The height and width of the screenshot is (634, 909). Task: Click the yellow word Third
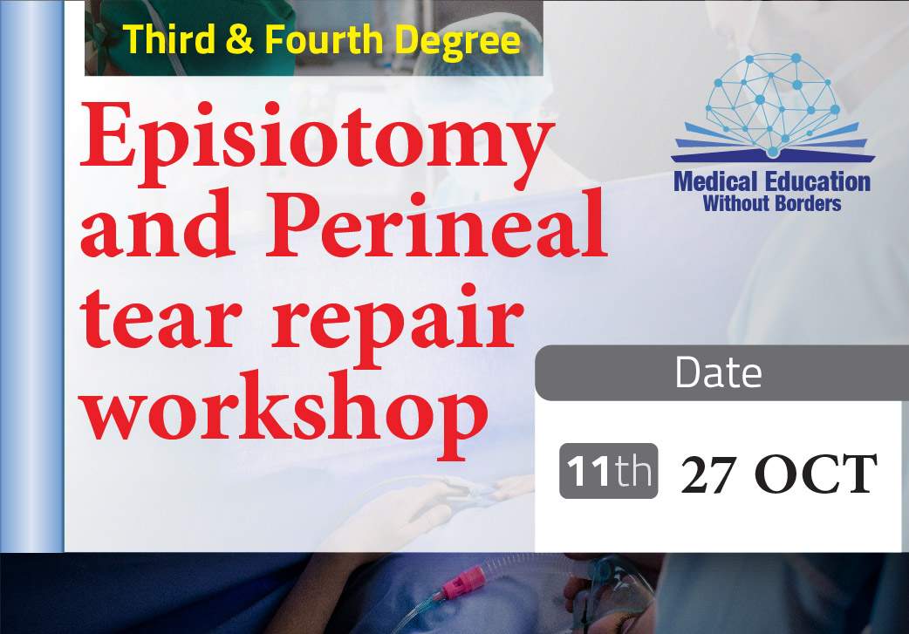[x=168, y=39]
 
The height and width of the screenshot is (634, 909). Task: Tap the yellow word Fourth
[x=324, y=39]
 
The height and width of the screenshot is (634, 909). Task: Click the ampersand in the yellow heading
[x=239, y=40]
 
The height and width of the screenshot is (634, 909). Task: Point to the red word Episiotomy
[x=317, y=144]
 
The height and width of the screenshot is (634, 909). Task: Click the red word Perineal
[x=437, y=224]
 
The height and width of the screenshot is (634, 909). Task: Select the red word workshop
[x=284, y=413]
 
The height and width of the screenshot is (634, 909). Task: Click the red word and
[x=158, y=224]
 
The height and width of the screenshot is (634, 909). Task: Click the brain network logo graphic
[x=772, y=106]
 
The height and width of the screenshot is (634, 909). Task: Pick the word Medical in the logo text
[x=715, y=182]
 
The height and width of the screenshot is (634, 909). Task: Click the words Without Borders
[x=772, y=203]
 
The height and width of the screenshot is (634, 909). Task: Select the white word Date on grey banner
[x=718, y=372]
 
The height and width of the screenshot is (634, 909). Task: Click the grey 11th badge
[x=609, y=471]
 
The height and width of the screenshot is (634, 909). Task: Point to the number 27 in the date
[x=708, y=474]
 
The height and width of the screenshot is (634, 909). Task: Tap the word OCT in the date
[x=817, y=474]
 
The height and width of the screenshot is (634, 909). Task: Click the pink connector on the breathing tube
[x=463, y=583]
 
